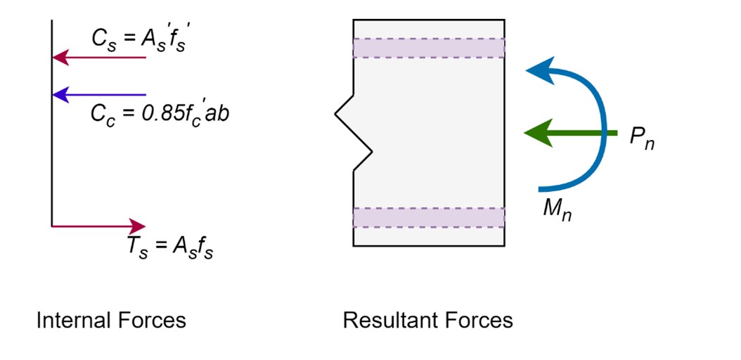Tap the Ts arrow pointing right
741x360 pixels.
pos(98,226)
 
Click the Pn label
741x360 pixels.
pos(642,139)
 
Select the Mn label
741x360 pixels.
pos(557,210)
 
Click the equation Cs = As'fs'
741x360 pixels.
pos(141,38)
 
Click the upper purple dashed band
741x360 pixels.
pos(429,48)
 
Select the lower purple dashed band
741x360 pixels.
pos(429,217)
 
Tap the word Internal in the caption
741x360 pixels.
pos(67,321)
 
